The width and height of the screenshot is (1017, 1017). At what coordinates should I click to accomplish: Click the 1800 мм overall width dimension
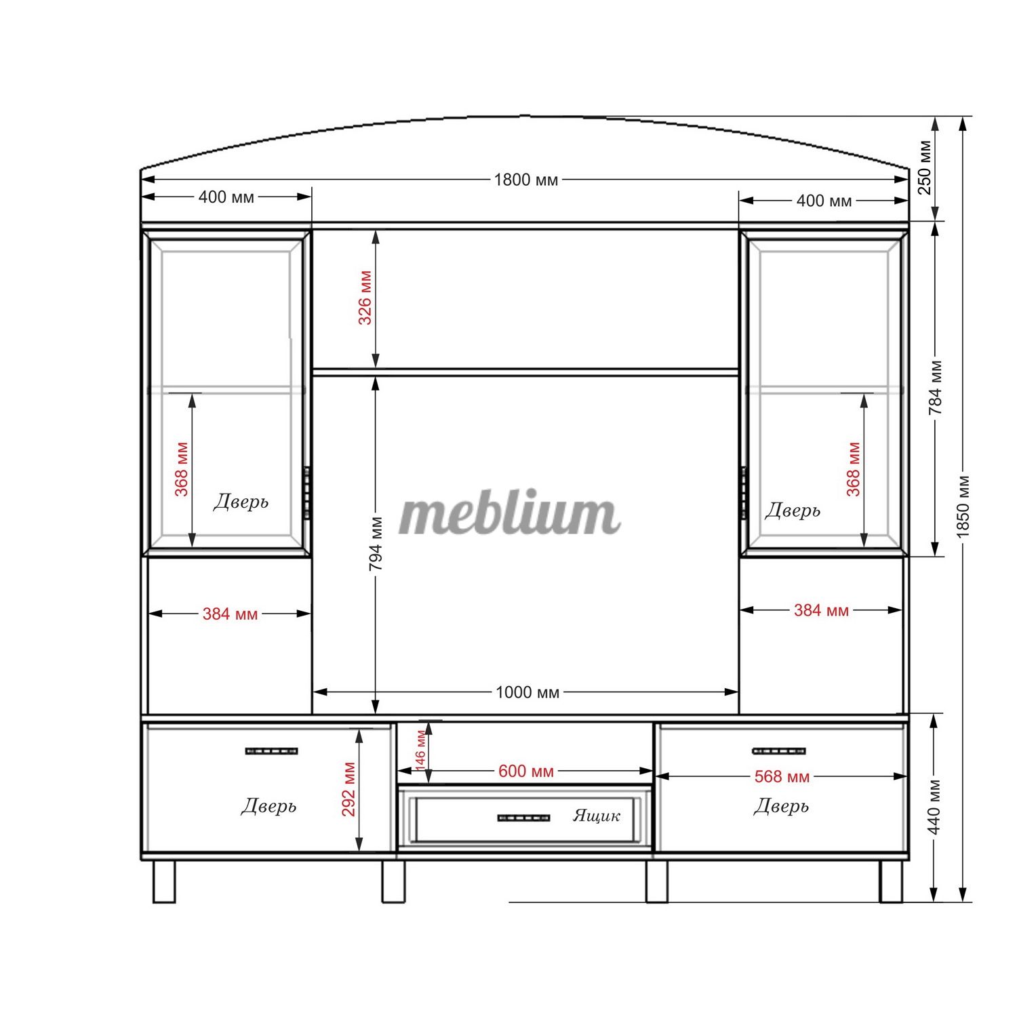pos(526,180)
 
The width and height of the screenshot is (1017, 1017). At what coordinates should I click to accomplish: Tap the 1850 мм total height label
pos(963,506)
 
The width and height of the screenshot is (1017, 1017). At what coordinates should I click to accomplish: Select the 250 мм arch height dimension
pos(925,167)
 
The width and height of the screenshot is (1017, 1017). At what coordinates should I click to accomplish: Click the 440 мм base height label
pos(934,807)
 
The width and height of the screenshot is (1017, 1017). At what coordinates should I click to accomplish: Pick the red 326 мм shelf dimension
pos(365,298)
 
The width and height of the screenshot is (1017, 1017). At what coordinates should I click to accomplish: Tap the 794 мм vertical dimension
pos(377,544)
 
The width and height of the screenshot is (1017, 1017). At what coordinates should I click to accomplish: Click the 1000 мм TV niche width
pos(527,692)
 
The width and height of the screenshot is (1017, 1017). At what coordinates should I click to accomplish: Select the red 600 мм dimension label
pos(526,772)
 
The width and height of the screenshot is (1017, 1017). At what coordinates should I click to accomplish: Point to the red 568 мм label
pos(782,777)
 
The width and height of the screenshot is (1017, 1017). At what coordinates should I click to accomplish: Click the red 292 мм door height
pos(348,790)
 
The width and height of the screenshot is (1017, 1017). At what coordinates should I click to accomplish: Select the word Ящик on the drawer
pos(597,816)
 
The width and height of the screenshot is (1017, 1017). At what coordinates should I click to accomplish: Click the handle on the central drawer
pos(523,818)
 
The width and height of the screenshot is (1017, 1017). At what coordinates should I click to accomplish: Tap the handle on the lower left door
pos(271,751)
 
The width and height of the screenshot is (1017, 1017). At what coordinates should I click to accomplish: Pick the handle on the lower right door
pos(779,751)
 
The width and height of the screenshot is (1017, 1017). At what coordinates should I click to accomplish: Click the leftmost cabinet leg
pos(164,881)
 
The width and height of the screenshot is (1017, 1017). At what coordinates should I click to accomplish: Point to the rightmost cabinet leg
pos(891,881)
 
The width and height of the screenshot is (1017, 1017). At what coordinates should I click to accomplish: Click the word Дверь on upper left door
pos(241,502)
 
